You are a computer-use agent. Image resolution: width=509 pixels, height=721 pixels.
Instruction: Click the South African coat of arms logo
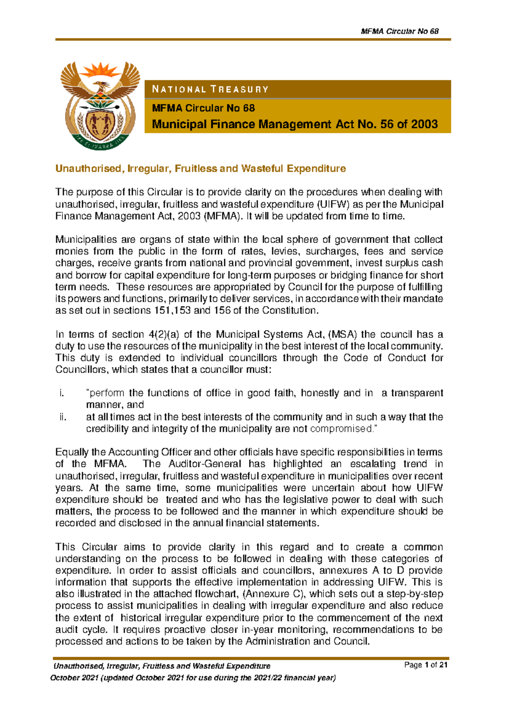coord(100,105)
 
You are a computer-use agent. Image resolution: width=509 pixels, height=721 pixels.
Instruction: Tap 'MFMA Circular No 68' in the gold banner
coord(204,108)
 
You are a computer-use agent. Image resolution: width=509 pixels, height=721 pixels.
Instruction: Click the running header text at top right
coord(399,31)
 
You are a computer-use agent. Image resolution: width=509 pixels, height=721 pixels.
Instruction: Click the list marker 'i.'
coord(62,393)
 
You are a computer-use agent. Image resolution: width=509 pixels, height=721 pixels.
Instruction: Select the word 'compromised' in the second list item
coord(341,429)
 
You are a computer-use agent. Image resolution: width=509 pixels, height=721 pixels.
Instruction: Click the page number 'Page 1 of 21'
coord(426,665)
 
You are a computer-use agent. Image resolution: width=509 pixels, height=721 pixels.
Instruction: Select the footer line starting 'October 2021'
coord(193,678)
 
